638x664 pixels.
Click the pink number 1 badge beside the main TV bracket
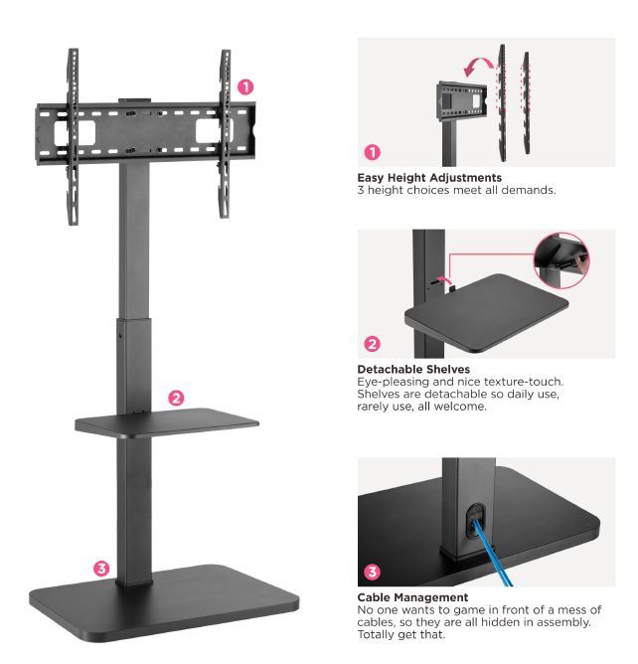(245, 87)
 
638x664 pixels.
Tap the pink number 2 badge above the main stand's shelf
(176, 398)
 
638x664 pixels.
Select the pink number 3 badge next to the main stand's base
(101, 569)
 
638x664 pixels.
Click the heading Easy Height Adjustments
(429, 178)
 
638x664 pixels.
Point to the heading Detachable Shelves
(413, 369)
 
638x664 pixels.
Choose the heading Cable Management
(412, 597)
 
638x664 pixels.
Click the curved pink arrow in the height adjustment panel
(478, 67)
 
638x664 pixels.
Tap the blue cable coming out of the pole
(491, 554)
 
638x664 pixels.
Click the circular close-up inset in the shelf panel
(561, 260)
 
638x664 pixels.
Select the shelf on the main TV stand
(167, 422)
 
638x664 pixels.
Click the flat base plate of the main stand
(164, 602)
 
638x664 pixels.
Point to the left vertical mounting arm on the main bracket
(74, 135)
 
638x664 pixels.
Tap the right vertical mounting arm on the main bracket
(226, 133)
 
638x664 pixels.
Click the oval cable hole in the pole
(476, 520)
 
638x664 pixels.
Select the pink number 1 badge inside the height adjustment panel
(373, 152)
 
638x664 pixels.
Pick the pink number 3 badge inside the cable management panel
(373, 572)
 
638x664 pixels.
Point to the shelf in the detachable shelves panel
(486, 312)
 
